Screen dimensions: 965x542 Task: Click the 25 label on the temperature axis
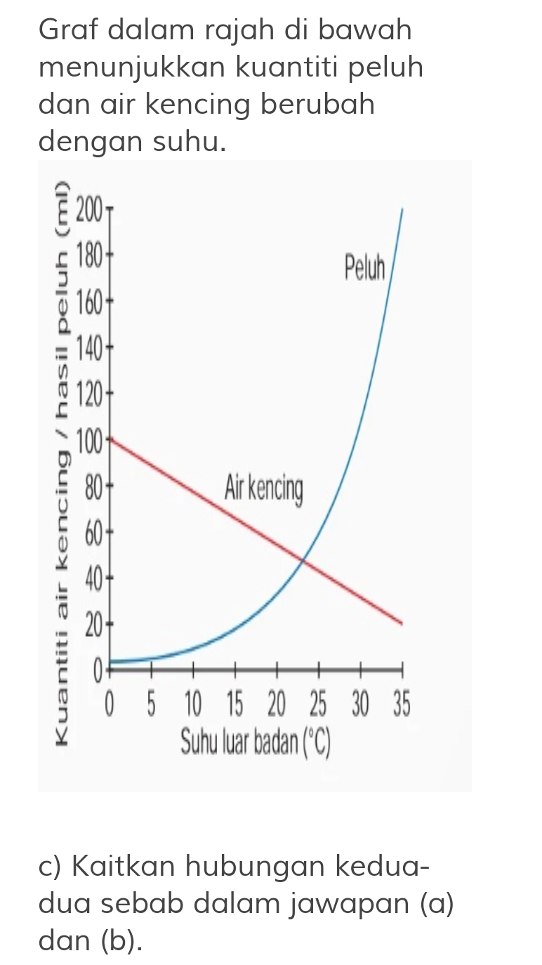319,703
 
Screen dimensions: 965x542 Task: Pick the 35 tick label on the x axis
400,703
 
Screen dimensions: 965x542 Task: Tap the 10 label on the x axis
193,703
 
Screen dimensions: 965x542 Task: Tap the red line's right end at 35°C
402,623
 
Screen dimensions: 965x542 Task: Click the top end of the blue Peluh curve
402,209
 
